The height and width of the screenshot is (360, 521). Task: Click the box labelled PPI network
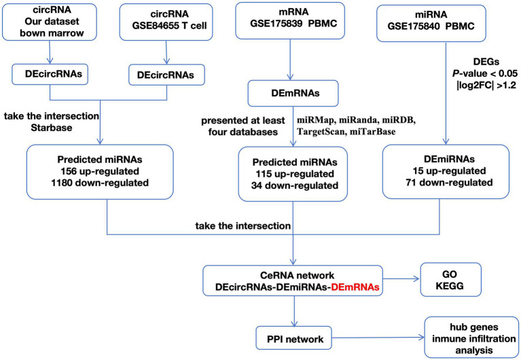pyautogui.click(x=294, y=338)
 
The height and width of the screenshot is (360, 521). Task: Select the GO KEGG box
pyautogui.click(x=450, y=280)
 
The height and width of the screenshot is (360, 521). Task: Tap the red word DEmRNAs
pyautogui.click(x=354, y=287)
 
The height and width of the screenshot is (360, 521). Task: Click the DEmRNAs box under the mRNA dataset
pyautogui.click(x=293, y=93)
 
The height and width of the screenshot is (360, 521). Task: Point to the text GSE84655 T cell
pyautogui.click(x=169, y=26)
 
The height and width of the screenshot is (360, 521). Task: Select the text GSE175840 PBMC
pyautogui.click(x=431, y=26)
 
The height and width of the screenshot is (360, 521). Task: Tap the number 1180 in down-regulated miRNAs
pyautogui.click(x=62, y=183)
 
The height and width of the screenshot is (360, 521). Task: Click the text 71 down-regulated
pyautogui.click(x=449, y=182)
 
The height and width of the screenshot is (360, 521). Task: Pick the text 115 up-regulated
pyautogui.click(x=295, y=174)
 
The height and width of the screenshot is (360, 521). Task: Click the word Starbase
pyautogui.click(x=52, y=128)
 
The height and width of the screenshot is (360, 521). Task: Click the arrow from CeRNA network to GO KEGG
pyautogui.click(x=401, y=280)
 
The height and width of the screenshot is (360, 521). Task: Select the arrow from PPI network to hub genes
pyautogui.click(x=378, y=338)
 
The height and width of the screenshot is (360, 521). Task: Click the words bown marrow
pyautogui.click(x=52, y=33)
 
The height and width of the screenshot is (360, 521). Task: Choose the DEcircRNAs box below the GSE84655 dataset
pyautogui.click(x=166, y=75)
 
